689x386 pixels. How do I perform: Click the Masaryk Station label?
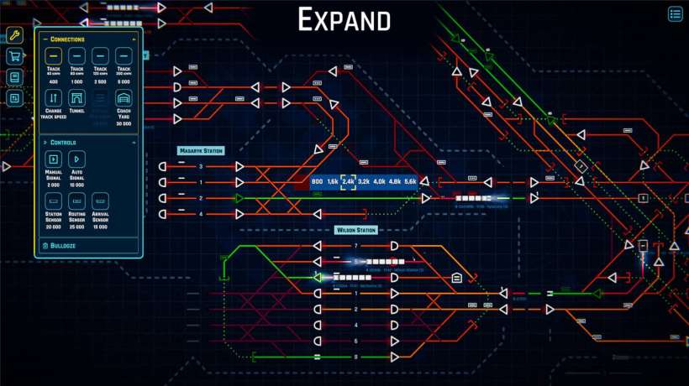(201, 151)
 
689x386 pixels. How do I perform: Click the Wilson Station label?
(356, 229)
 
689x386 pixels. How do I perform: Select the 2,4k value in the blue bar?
(348, 181)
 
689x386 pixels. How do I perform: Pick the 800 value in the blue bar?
(317, 181)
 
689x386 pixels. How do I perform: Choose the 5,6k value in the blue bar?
(410, 181)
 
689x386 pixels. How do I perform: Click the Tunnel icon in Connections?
(76, 100)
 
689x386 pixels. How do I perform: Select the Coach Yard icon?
(124, 100)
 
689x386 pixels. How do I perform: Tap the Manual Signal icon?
(53, 159)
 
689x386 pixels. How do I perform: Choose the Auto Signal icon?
(76, 159)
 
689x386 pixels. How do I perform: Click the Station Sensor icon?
(53, 202)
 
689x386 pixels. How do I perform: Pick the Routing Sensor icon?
(76, 202)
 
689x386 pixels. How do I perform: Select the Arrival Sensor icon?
(100, 202)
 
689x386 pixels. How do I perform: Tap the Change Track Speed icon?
(53, 100)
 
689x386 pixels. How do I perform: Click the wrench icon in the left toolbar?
(14, 35)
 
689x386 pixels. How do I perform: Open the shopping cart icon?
(14, 56)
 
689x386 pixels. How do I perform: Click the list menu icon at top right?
(676, 13)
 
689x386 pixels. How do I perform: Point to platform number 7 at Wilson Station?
(356, 246)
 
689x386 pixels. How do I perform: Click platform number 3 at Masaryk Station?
(201, 167)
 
